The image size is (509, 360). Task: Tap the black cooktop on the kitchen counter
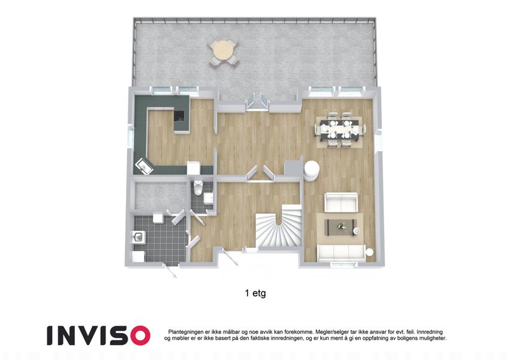point(179,116)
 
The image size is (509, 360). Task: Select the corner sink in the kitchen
point(143,166)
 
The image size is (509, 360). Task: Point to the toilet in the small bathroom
point(198,187)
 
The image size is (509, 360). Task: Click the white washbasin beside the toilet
point(209,197)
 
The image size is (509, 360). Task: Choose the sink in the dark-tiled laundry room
point(138,236)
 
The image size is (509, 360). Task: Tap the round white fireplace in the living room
point(311,170)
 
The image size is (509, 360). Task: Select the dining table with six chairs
point(339,130)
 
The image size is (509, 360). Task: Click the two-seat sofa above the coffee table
point(342,202)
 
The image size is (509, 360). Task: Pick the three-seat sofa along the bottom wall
point(342,253)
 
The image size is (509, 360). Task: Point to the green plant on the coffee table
point(341,226)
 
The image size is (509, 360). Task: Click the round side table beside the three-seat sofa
point(371,252)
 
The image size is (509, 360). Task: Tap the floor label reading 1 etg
point(255,293)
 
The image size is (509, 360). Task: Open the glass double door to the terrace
point(257,101)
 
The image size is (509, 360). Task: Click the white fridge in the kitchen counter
point(194,167)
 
